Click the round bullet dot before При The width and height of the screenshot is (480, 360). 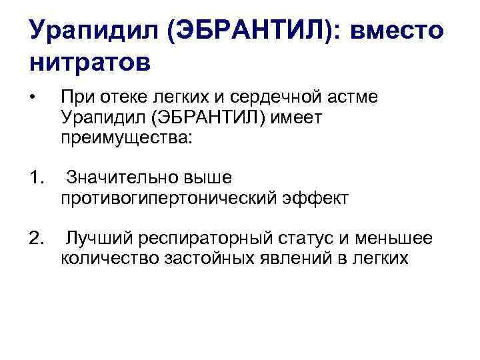(x=32, y=98)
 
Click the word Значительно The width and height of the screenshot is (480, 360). (x=119, y=178)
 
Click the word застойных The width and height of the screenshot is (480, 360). (x=213, y=258)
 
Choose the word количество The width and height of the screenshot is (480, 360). (x=109, y=258)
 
